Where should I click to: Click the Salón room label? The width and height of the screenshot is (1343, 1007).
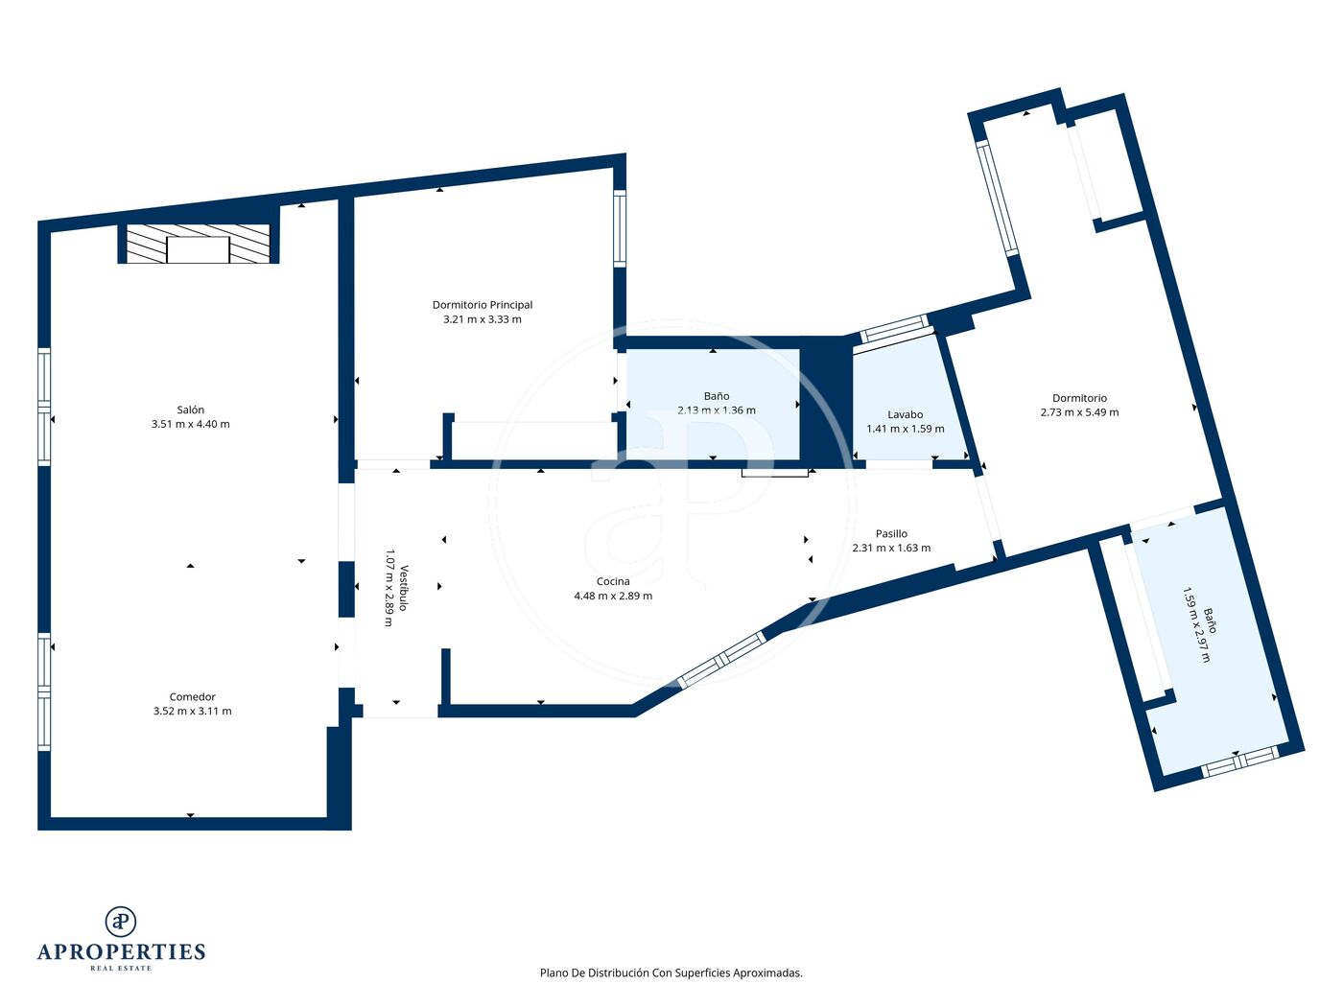pos(190,410)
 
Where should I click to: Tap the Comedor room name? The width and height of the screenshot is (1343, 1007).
pos(192,696)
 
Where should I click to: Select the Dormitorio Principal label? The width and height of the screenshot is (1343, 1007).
pos(483,304)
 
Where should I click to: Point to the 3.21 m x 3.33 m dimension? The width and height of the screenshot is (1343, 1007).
pos(483,319)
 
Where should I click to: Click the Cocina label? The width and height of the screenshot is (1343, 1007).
pos(612,581)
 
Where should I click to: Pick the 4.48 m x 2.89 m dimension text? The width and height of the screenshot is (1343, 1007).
pos(612,597)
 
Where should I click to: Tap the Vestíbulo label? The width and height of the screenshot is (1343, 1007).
pos(404,588)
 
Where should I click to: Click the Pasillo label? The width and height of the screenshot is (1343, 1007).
pos(891,534)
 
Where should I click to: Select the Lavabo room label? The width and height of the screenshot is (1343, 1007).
pos(905,414)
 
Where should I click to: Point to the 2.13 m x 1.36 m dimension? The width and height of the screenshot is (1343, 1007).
pos(716,410)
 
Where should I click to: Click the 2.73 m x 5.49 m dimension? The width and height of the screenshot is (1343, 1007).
pos(1079,412)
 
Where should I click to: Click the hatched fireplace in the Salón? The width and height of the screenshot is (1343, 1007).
pos(199,244)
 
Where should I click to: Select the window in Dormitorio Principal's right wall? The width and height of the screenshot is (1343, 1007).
pos(620,227)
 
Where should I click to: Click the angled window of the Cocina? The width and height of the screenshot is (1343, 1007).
pos(721,661)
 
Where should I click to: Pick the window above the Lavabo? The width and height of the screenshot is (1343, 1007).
pos(894,329)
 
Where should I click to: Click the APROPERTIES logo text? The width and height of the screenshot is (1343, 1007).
pos(121,952)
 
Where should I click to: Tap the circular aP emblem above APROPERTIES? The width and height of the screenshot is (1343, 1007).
pos(121,921)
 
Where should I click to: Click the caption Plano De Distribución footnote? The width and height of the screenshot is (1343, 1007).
pos(671,972)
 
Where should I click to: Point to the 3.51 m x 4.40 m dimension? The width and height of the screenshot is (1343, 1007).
pos(190,424)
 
